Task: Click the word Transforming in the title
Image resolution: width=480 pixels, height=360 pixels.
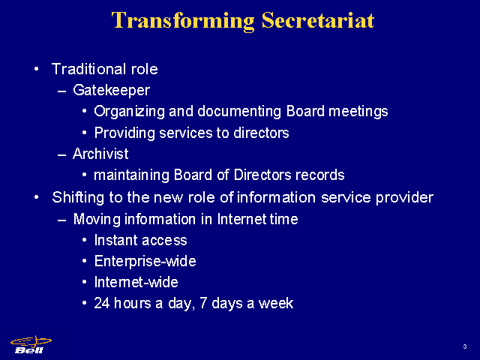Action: point(183,22)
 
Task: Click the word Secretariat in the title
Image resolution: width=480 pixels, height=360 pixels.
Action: point(318,20)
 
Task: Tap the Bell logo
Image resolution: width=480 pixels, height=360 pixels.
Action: point(31,345)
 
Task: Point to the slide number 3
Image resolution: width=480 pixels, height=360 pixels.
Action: point(465,346)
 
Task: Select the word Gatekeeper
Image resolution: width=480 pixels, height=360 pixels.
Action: point(112,91)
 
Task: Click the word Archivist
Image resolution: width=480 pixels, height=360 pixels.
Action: point(100,154)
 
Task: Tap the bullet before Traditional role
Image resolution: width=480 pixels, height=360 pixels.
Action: point(37,69)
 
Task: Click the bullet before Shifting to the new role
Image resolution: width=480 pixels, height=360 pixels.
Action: point(37,197)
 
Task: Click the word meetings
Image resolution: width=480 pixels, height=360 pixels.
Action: point(358,112)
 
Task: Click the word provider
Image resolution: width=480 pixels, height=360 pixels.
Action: point(404,198)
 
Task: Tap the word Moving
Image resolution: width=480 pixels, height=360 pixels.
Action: point(97,220)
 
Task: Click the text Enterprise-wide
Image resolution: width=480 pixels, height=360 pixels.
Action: point(145,262)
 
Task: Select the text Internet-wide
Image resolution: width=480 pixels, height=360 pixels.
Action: point(136,282)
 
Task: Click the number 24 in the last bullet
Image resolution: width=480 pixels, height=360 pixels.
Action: point(102,303)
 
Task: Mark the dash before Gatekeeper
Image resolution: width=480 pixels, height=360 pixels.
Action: point(62,91)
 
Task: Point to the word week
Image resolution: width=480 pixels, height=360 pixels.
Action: point(276,303)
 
